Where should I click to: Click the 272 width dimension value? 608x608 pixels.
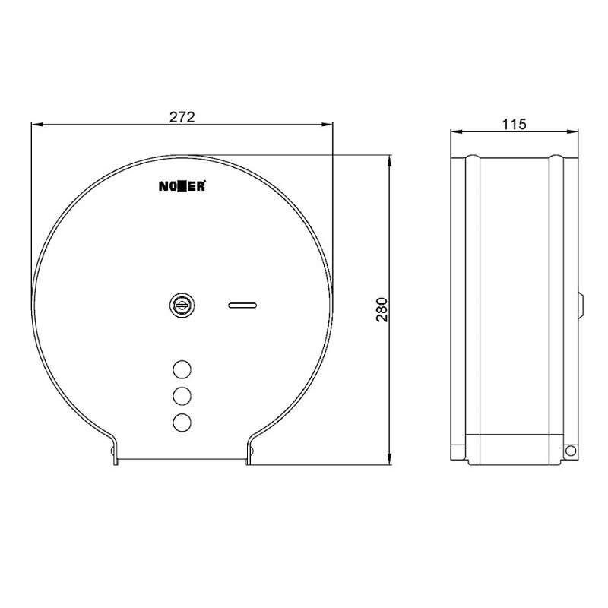click(182, 117)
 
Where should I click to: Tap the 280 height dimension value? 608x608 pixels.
click(382, 309)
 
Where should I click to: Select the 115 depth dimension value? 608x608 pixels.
click(515, 124)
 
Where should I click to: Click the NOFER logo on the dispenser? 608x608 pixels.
click(182, 186)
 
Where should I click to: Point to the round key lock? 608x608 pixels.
click(182, 306)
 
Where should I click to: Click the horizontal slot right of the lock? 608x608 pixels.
click(242, 306)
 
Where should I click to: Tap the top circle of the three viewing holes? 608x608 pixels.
click(182, 369)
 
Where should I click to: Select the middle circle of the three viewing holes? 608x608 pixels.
click(182, 396)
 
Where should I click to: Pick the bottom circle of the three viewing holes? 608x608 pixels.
click(182, 423)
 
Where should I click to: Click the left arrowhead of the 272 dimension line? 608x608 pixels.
click(36, 124)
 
